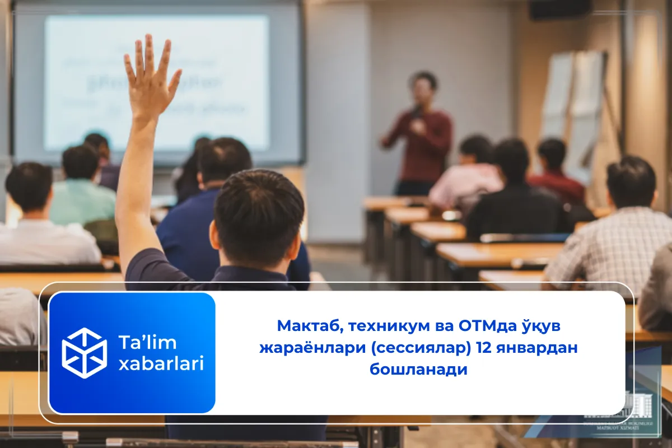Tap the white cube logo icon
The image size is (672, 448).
tap(84, 353)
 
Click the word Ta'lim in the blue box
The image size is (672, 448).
tap(139, 342)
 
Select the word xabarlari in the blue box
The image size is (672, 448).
tap(161, 364)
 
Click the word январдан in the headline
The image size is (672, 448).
tap(536, 348)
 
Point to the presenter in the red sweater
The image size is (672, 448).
tap(421, 134)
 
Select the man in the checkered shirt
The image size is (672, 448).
tap(616, 235)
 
